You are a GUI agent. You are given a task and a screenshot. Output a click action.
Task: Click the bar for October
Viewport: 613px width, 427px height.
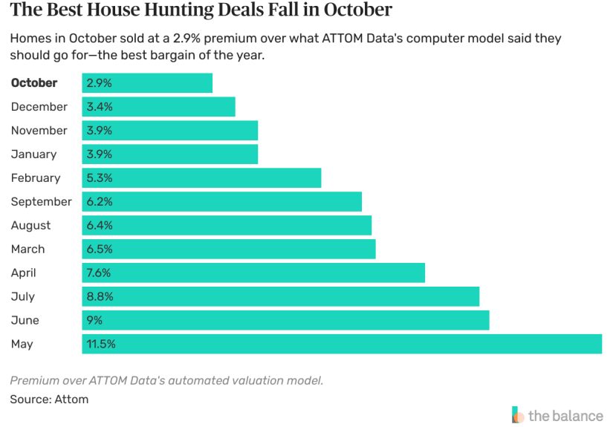(x=147, y=83)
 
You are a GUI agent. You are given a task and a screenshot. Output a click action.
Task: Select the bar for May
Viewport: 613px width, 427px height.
(x=341, y=344)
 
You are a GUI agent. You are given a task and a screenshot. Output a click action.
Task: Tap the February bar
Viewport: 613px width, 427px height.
(x=201, y=178)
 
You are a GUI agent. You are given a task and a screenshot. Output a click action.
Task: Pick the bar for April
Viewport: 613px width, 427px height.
(x=253, y=273)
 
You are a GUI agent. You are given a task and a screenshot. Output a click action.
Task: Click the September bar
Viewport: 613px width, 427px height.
(x=221, y=202)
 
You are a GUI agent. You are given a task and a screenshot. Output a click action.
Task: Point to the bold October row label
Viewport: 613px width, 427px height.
(x=34, y=83)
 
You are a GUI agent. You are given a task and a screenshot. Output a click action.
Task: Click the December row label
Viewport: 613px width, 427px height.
(x=39, y=107)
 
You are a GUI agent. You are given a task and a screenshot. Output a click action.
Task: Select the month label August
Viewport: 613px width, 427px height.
(x=31, y=226)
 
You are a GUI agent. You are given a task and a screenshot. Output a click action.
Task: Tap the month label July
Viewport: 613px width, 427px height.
(x=23, y=296)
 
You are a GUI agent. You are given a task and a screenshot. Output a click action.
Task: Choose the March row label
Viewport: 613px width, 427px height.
(x=28, y=250)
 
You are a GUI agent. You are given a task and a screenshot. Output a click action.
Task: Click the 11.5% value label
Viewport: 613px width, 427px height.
(x=101, y=344)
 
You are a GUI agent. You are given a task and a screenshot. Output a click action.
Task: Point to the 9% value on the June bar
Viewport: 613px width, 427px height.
(x=94, y=320)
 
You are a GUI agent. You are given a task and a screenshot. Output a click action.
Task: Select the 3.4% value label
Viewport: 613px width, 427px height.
(x=99, y=107)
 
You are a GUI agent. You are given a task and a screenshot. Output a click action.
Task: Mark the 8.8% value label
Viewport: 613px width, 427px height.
(x=99, y=296)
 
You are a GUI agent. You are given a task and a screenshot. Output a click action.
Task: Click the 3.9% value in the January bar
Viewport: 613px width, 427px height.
(x=99, y=154)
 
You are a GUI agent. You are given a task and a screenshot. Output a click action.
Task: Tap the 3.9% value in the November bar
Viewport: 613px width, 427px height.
(x=99, y=131)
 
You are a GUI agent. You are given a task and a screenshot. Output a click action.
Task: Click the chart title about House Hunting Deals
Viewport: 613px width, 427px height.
(x=201, y=11)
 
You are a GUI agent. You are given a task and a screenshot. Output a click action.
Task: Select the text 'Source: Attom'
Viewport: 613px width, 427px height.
(x=49, y=400)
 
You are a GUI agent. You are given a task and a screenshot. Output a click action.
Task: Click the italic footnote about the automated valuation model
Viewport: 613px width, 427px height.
(x=166, y=380)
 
